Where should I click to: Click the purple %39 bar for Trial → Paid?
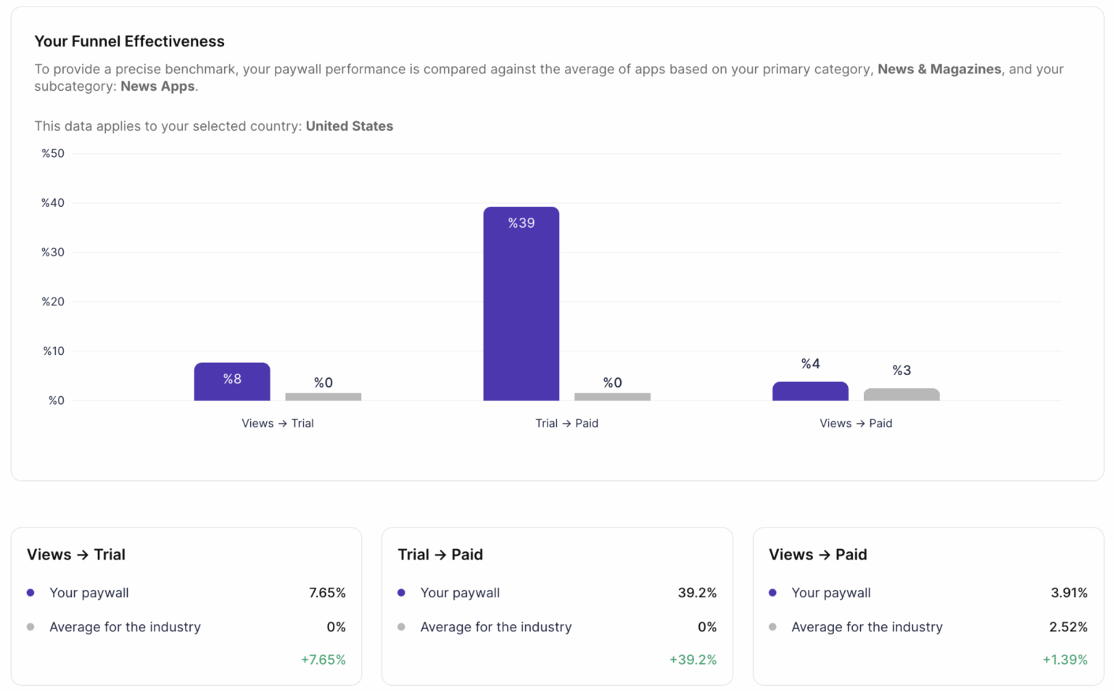point(521,305)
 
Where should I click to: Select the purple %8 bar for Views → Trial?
point(232,382)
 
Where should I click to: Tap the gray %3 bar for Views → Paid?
point(901,394)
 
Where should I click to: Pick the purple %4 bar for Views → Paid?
point(810,391)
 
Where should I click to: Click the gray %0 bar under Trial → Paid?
point(612,396)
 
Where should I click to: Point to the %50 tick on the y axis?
point(53,153)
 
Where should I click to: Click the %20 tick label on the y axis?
point(53,301)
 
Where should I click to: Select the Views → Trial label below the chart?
point(277,423)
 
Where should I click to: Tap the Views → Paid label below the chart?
point(856,423)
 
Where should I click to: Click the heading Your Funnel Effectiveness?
point(129,41)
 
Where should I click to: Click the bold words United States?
point(349,126)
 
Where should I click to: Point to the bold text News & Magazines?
point(939,69)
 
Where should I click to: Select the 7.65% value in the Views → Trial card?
point(327,593)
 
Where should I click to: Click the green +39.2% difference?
point(693,660)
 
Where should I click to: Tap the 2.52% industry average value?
point(1068,627)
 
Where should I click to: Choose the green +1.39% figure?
point(1065,660)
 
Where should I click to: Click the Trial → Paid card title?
point(440,554)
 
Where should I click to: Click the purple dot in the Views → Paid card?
point(772,593)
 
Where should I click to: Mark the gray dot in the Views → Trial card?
point(30,627)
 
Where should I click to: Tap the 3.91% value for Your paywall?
point(1069,593)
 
